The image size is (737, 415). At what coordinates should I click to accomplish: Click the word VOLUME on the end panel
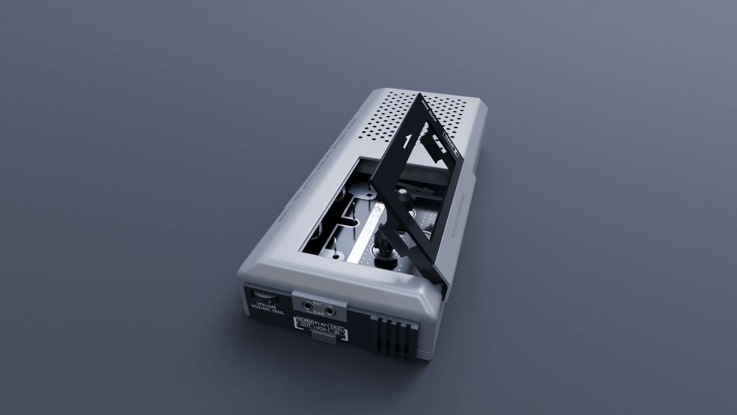tap(267, 307)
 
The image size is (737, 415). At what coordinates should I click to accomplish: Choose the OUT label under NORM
tap(306, 325)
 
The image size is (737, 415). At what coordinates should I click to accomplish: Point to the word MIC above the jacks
tap(318, 304)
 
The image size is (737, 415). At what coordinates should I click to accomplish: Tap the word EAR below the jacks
tap(319, 314)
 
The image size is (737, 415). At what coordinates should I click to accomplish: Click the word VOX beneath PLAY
tap(322, 329)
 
